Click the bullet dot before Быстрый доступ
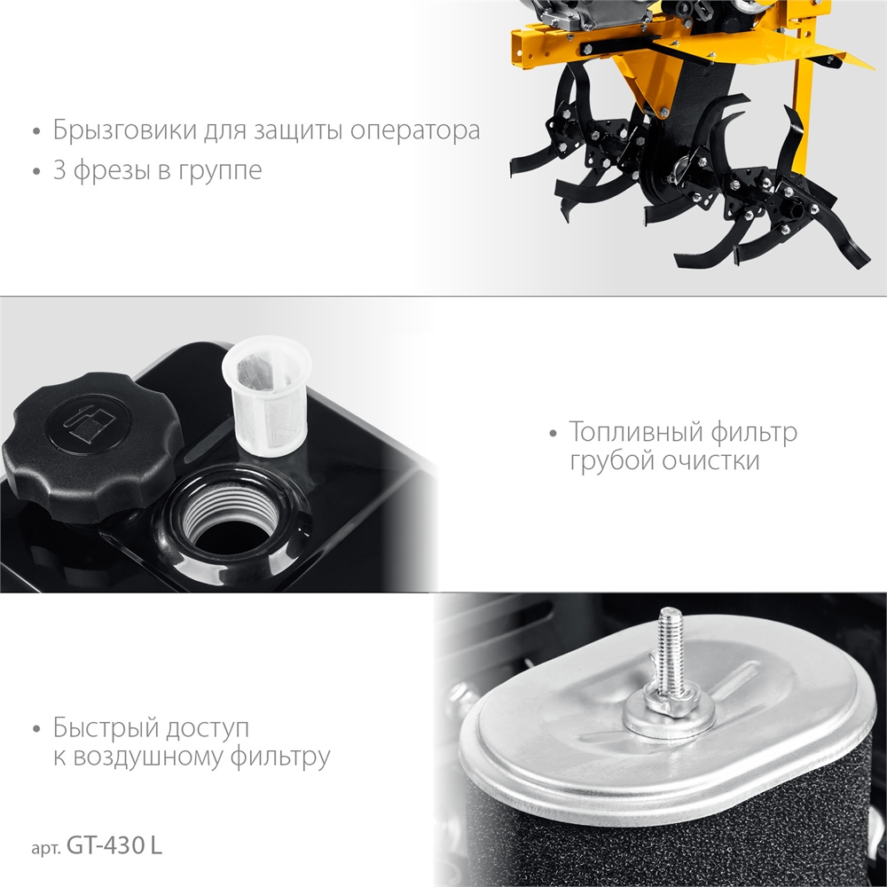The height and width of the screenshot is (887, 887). (x=36, y=729)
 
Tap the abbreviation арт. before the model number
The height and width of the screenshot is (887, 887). (x=46, y=848)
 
